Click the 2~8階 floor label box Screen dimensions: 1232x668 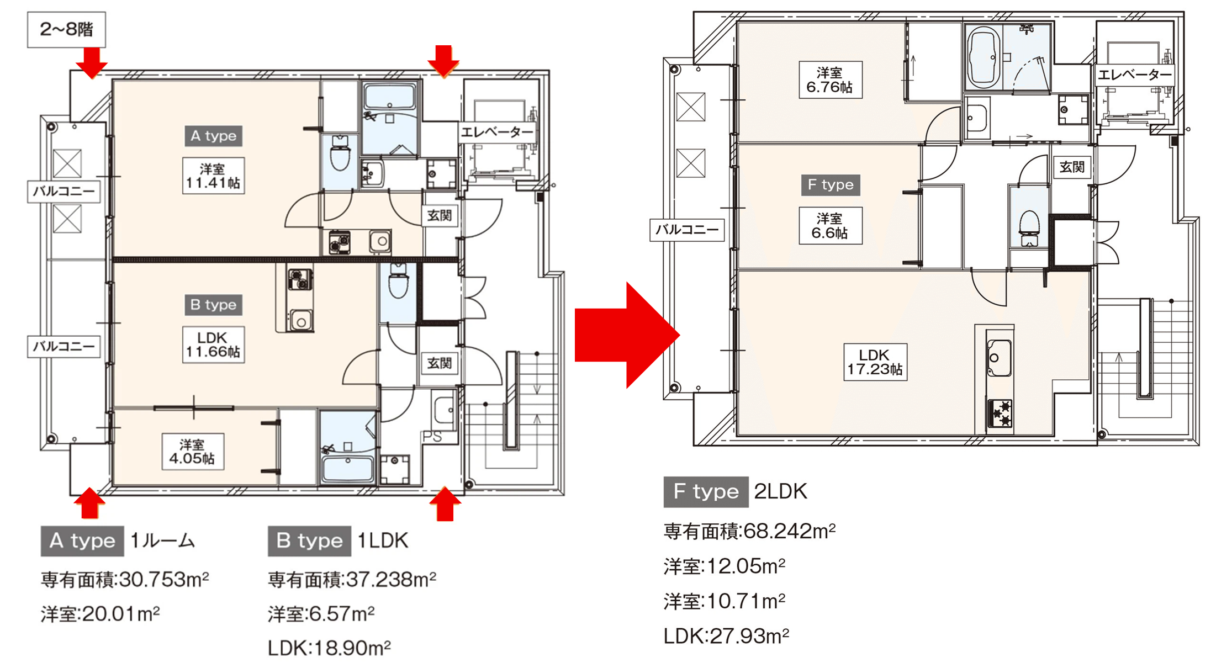pos(66,29)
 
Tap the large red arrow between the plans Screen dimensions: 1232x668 pos(627,335)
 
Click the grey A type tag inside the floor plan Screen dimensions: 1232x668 pos(213,136)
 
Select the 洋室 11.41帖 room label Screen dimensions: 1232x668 pos(213,176)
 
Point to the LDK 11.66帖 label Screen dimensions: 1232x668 pos(213,344)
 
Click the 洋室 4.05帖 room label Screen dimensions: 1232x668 pos(193,452)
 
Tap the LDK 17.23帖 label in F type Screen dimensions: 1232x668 pos(875,362)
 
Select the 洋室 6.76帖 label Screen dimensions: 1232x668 pos(831,79)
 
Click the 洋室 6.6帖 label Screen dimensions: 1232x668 pos(831,225)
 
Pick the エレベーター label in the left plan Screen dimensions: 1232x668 pos(496,132)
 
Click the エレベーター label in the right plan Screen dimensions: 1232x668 pos(1134,75)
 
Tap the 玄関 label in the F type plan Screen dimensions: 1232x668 pos(1072,167)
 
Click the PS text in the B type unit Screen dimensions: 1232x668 pos(432,437)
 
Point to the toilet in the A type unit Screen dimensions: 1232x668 pos(340,155)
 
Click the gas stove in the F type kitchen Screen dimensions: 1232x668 pos(1000,413)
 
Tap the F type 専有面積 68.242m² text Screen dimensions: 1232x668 pos(749,531)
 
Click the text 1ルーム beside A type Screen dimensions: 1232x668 pos(162,540)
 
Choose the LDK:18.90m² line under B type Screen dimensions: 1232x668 pos(329,648)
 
